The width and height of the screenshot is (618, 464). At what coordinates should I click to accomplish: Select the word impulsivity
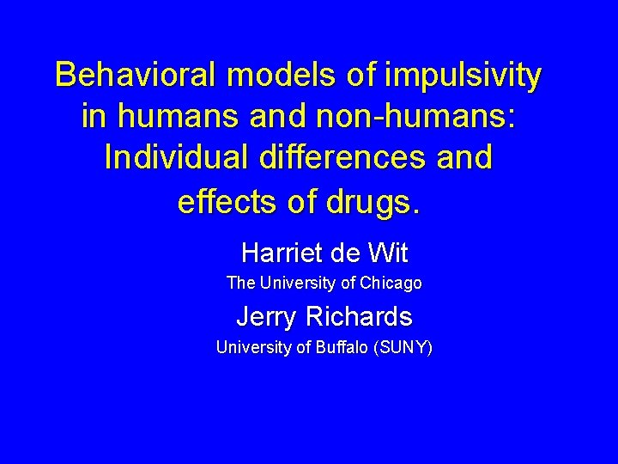[x=464, y=76]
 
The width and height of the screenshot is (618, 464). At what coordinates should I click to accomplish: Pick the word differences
[x=351, y=158]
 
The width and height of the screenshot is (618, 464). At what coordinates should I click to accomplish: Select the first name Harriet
[x=278, y=253]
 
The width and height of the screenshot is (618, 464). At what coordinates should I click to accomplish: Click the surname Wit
[x=388, y=253]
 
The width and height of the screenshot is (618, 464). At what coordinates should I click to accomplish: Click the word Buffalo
[x=350, y=348]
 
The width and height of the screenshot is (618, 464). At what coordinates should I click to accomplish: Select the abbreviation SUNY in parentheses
[x=407, y=348]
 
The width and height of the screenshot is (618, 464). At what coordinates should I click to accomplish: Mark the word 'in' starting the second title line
[x=94, y=117]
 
